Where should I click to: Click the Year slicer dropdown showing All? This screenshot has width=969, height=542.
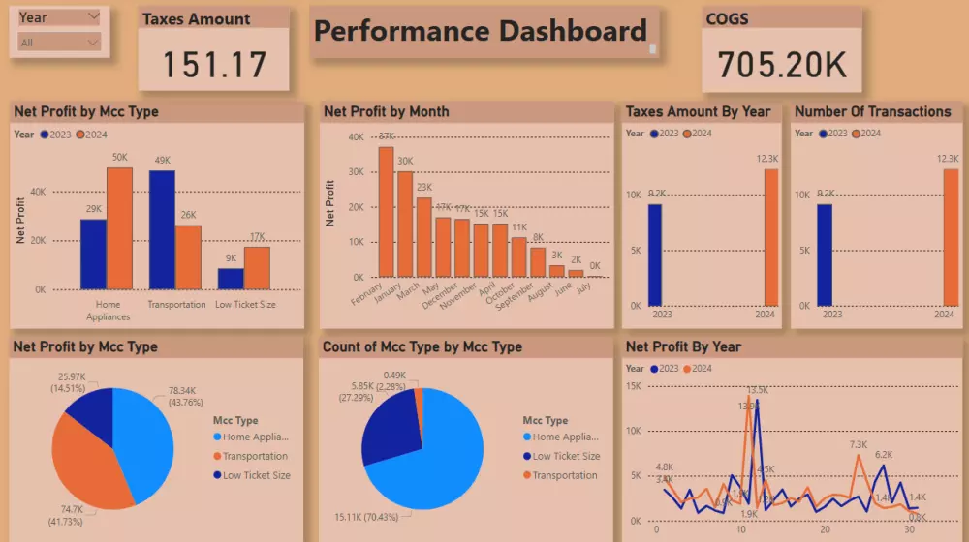[59, 43]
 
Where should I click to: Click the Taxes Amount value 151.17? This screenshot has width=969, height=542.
[214, 65]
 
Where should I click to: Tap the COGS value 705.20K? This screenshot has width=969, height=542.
[782, 64]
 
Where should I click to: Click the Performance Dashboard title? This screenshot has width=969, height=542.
[481, 32]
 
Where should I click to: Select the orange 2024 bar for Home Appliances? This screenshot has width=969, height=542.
[119, 228]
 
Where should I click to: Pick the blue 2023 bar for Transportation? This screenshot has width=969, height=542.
[162, 229]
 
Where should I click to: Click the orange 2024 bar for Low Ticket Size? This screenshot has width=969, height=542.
[257, 267]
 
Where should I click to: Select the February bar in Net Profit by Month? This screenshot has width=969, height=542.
[386, 212]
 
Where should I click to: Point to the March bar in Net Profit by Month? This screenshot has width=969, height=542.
[423, 237]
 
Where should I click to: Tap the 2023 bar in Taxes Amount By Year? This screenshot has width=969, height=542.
[655, 255]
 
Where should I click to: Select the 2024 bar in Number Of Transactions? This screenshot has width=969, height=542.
[944, 237]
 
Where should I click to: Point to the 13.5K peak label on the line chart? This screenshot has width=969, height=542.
[758, 390]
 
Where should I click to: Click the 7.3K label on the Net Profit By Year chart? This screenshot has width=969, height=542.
[859, 445]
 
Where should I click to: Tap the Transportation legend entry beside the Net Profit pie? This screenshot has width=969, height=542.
[255, 456]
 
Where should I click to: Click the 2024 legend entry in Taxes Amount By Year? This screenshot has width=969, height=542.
[699, 134]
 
